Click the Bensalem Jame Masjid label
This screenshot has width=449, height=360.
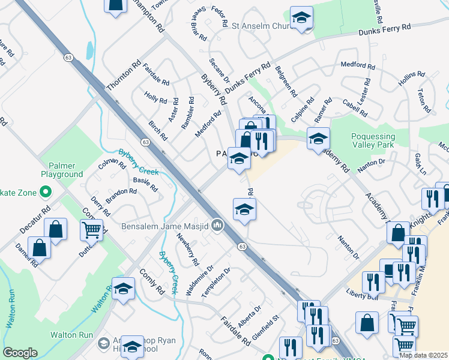[x=164, y=226]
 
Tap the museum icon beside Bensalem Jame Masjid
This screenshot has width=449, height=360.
[x=217, y=226]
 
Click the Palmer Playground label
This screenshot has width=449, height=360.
[x=62, y=169]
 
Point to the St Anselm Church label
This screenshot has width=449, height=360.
[x=260, y=26]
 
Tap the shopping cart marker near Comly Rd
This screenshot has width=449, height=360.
[x=91, y=229]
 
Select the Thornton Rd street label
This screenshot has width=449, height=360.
[x=123, y=76]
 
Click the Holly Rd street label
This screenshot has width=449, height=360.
[x=155, y=97]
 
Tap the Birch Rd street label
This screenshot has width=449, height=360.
[x=157, y=130]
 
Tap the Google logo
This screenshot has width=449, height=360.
[x=20, y=353]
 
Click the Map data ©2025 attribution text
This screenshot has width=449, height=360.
[x=424, y=355]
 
